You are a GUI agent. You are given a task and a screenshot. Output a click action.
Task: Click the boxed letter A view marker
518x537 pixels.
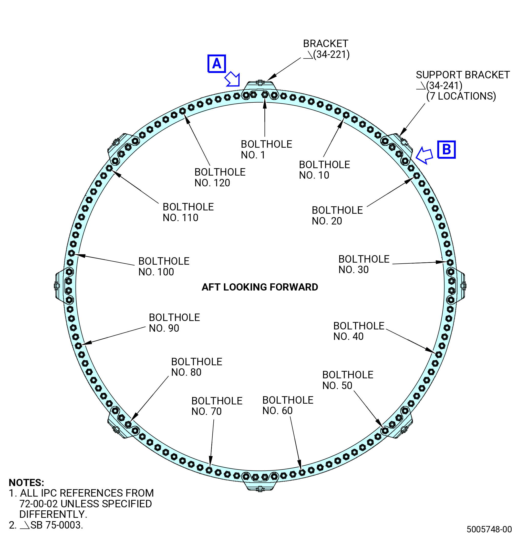point(217,63)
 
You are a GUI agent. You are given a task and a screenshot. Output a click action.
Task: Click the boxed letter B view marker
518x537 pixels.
point(446,149)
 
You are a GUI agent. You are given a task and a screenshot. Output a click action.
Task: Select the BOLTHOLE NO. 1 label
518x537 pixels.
point(266,149)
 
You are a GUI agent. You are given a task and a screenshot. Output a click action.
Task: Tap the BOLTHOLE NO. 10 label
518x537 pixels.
point(324,170)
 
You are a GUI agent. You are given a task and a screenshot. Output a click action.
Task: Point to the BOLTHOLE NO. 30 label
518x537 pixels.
point(364,264)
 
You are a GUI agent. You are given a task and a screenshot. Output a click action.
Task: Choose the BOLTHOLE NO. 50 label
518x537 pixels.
point(348,380)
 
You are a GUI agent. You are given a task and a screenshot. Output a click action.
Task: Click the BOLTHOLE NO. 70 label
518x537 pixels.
point(217,406)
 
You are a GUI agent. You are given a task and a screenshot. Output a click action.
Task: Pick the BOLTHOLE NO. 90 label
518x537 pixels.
point(174,323)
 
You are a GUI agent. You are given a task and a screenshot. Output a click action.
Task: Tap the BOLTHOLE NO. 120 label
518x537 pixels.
point(220,178)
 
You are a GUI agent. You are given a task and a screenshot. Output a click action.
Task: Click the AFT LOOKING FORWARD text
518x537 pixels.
point(260,287)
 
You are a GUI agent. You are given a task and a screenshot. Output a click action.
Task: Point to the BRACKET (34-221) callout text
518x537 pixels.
point(326,49)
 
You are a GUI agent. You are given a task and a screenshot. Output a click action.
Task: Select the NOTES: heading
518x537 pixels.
point(26,483)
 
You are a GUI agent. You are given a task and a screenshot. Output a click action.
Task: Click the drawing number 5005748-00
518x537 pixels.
point(489,529)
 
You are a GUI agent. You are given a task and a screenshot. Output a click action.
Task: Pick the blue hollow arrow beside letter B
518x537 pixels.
point(424,155)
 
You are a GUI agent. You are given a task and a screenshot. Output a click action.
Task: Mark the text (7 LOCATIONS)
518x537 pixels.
point(461,96)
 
